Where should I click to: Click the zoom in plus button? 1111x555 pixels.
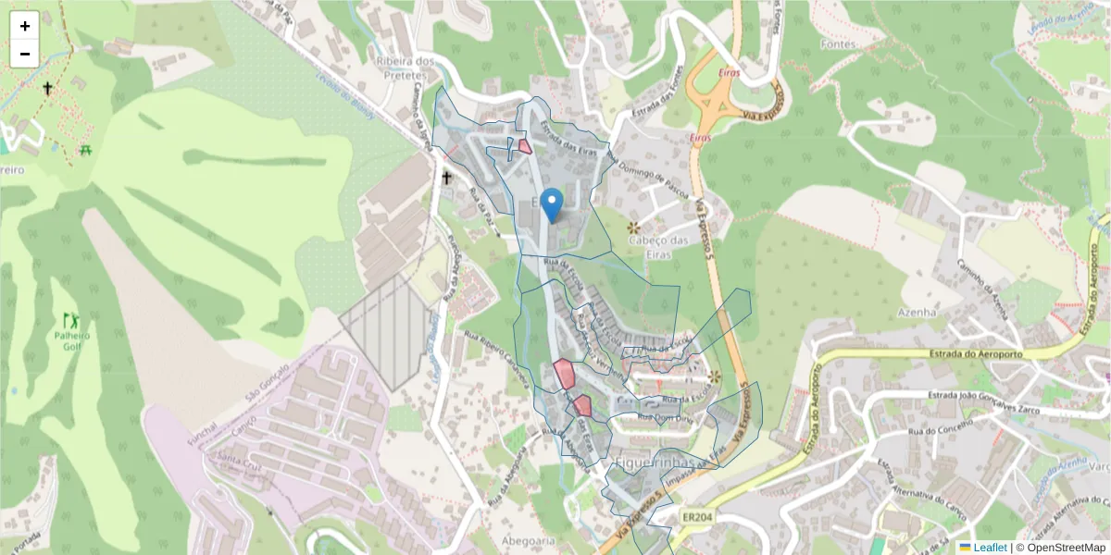[25, 26]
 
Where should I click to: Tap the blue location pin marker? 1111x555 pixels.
[552, 204]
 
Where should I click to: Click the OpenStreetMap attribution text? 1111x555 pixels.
[1065, 548]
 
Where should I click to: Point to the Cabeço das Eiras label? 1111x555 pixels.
[661, 240]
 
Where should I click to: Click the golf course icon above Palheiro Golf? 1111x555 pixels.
[69, 320]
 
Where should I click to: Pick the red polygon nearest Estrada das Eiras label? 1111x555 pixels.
[525, 145]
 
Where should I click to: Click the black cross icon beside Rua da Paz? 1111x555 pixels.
[447, 177]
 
